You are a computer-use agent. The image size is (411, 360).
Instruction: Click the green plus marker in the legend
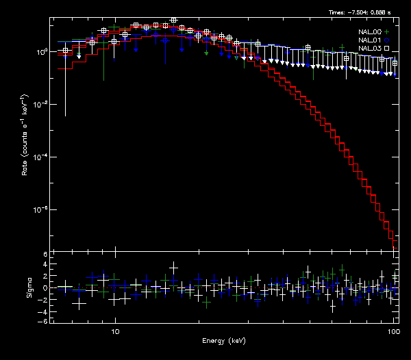pos(387,31)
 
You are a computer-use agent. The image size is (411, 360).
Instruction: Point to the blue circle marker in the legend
pos(387,40)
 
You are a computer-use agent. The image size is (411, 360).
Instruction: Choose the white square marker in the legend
pos(387,49)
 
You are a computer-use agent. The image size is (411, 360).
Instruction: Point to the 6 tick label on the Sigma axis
pos(46,255)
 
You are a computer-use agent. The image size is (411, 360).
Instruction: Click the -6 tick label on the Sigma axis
pos(45,321)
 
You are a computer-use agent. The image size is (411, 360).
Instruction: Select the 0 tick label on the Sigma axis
pos(46,287)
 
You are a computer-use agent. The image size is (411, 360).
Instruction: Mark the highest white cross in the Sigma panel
pos(173,266)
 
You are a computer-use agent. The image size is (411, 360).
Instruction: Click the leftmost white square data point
pos(65,51)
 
